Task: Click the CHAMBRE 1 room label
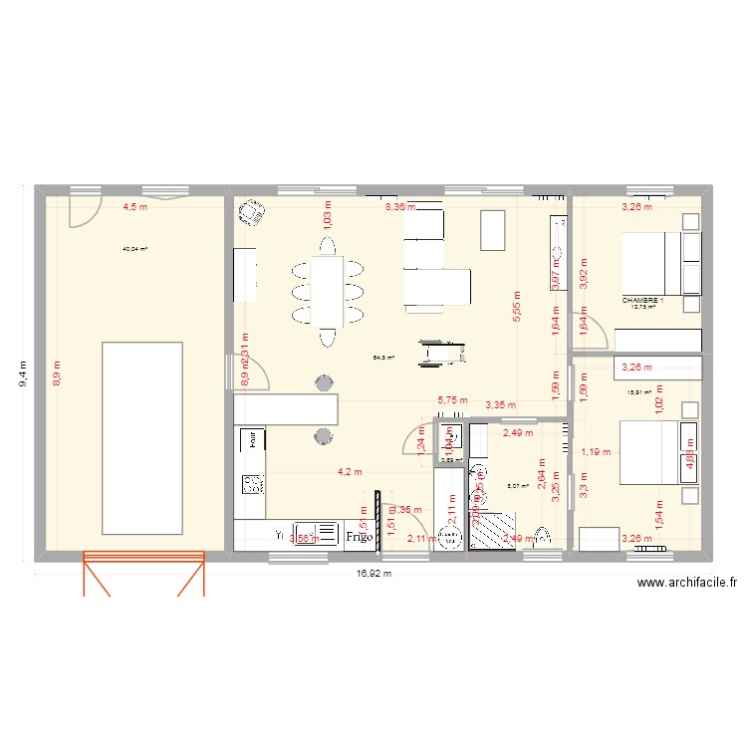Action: coord(642,300)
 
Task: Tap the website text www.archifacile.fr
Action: coord(686,585)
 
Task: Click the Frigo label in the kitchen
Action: coord(360,536)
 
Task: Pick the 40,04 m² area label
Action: coord(134,250)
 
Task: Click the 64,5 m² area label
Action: coord(383,357)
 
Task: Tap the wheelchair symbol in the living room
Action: coord(439,350)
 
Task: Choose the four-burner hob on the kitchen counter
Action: coord(253,484)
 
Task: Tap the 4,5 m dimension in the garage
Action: coord(134,207)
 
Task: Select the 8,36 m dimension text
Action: coord(399,207)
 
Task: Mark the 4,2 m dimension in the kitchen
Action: coord(348,472)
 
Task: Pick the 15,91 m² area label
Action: coord(638,392)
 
